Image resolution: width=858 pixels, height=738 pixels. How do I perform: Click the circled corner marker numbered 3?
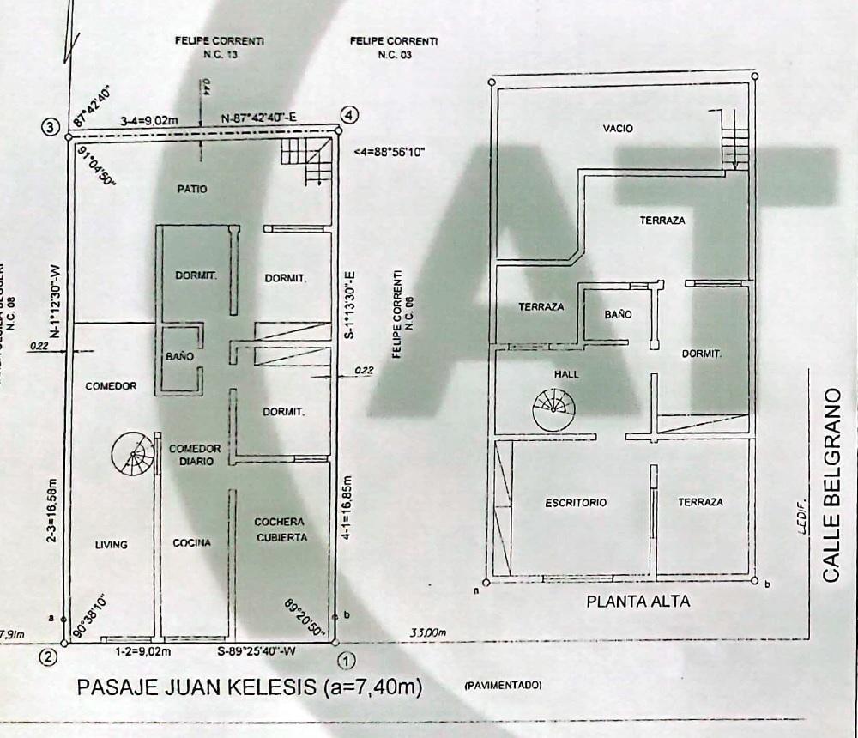click(x=51, y=127)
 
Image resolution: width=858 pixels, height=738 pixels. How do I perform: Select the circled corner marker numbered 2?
click(x=49, y=659)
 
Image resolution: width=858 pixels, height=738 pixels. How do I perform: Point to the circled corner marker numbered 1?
click(x=346, y=661)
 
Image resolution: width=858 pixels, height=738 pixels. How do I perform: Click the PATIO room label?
click(x=192, y=189)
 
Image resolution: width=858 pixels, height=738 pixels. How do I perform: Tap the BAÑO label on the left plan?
click(x=179, y=355)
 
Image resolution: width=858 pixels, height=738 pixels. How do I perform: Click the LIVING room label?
click(x=111, y=545)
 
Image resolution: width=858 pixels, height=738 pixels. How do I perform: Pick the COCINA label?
click(x=191, y=543)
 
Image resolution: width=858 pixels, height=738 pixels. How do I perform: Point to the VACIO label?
click(x=618, y=129)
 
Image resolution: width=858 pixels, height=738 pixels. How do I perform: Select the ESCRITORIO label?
click(x=576, y=503)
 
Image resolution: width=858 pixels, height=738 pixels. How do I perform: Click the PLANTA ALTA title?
click(x=637, y=602)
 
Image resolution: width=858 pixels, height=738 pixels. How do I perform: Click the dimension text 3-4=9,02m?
click(x=149, y=120)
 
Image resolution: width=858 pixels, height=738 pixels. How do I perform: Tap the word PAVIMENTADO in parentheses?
click(x=503, y=686)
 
